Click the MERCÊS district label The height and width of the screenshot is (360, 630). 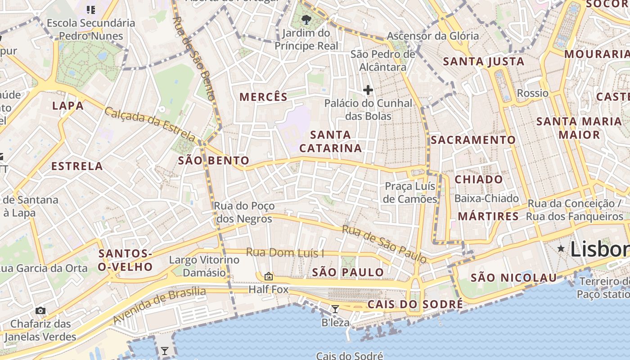coord(263,97)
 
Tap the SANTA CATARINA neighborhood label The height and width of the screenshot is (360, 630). coord(331,141)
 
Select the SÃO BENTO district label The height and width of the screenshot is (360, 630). coord(214,161)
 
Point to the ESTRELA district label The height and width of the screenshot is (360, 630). coord(77,166)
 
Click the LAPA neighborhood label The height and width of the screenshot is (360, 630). coord(68,106)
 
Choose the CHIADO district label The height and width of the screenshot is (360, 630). coord(479,180)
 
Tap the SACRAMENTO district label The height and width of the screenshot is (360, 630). coord(473,140)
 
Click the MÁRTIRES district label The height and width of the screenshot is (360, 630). coord(488,216)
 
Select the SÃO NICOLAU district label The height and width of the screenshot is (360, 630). coord(513,278)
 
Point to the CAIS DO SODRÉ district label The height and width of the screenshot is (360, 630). coord(415,305)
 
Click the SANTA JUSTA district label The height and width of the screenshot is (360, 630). coord(484,62)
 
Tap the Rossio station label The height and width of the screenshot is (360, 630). coord(533,93)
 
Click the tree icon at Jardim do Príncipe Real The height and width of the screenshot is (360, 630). coord(306,19)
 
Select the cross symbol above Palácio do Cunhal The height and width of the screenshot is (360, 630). coord(368,90)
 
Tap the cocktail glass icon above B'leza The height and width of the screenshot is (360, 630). coord(335,309)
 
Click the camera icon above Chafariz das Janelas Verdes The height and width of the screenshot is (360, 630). coord(40,310)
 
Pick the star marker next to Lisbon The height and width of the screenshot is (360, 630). coord(561,248)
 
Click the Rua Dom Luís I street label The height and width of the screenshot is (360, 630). coord(285,253)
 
